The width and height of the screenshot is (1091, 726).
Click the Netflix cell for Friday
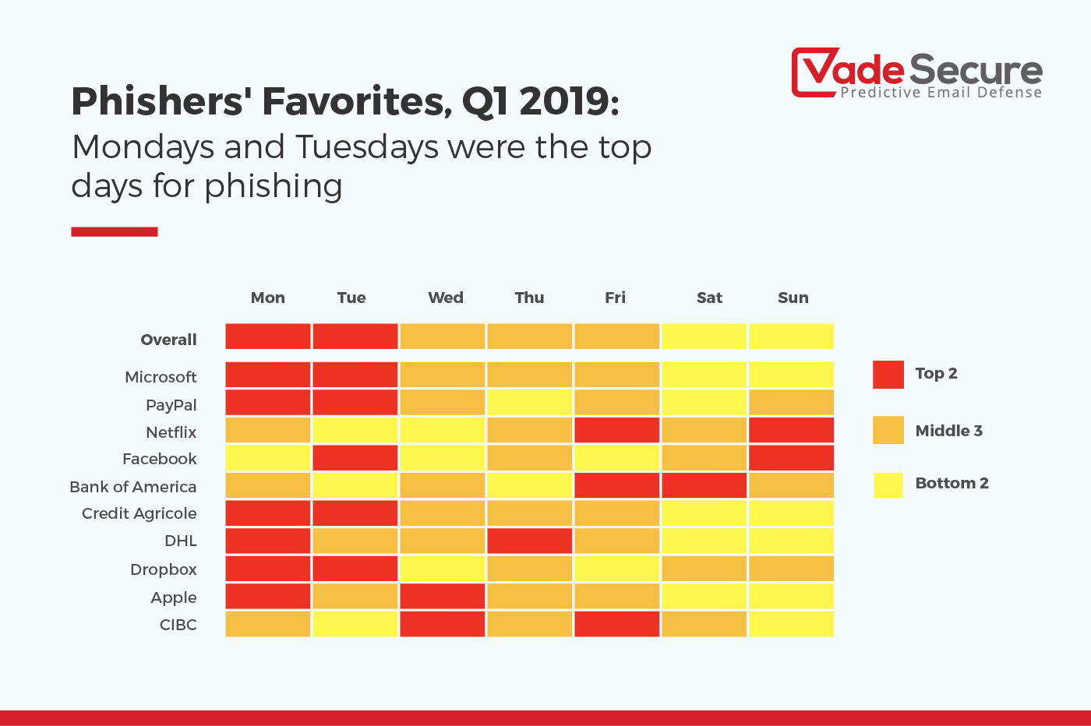click(616, 430)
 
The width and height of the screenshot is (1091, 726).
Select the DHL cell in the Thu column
click(529, 541)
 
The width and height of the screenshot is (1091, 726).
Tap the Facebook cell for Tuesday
click(355, 458)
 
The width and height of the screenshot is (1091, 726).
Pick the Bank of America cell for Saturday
click(704, 485)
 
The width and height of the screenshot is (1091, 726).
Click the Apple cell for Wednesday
click(442, 597)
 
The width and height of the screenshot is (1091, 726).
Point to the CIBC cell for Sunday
click(791, 624)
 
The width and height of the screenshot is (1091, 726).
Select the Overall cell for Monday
click(267, 337)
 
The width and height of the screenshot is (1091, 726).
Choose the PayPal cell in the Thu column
click(529, 403)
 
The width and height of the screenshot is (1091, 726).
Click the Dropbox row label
click(164, 569)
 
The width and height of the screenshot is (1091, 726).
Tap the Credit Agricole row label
click(139, 513)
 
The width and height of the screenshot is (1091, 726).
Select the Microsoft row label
click(161, 377)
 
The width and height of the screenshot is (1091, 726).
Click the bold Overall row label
click(168, 340)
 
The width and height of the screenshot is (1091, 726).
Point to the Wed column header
click(445, 298)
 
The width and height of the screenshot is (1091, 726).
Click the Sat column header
click(709, 298)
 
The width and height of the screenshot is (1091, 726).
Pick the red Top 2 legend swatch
click(888, 375)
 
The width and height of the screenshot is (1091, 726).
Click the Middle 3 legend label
click(948, 431)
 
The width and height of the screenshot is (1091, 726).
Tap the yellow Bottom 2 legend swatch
click(888, 485)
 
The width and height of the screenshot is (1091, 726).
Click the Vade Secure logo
click(916, 74)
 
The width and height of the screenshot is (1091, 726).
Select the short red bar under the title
click(115, 231)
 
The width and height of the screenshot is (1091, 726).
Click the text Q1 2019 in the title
click(540, 101)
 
